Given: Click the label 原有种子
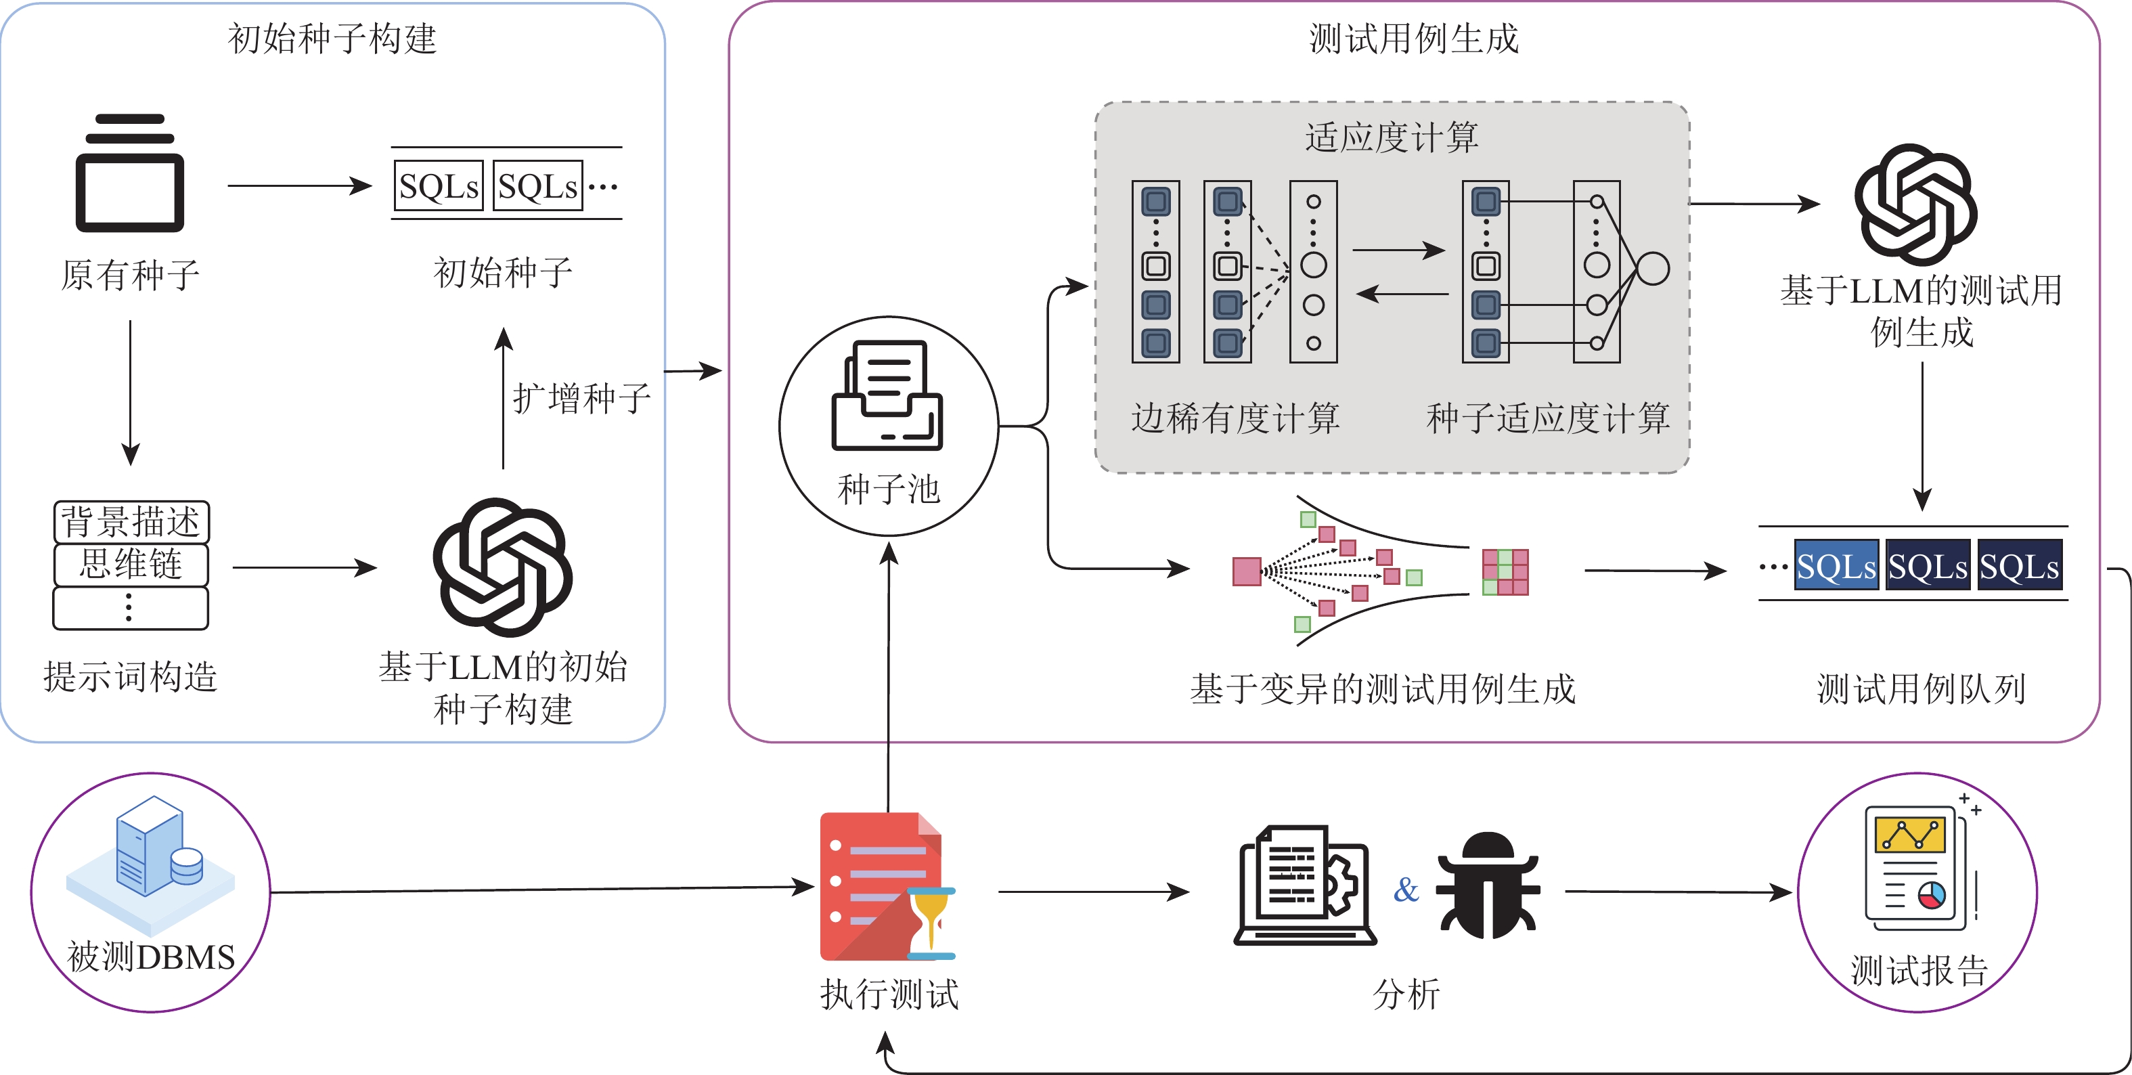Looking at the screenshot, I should (x=130, y=276).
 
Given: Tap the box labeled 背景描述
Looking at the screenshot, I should (x=131, y=521).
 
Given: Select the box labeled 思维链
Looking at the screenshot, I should (x=131, y=565).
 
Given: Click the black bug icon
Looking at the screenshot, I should (x=1487, y=886).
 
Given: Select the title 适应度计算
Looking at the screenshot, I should (x=1392, y=137).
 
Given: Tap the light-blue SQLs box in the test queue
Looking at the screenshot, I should (x=1836, y=567).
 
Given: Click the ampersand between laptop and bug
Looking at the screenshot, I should (x=1405, y=890).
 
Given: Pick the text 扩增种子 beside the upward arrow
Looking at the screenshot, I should (x=581, y=399).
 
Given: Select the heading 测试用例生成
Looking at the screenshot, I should (x=1414, y=39).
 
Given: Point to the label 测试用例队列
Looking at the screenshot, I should (x=1920, y=689).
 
